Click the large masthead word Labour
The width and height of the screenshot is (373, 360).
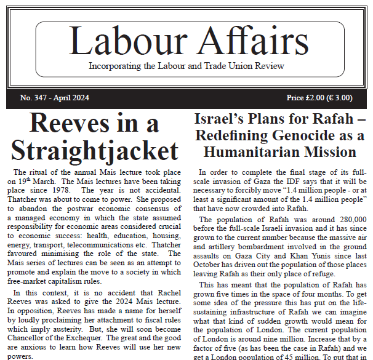point(122,42)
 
